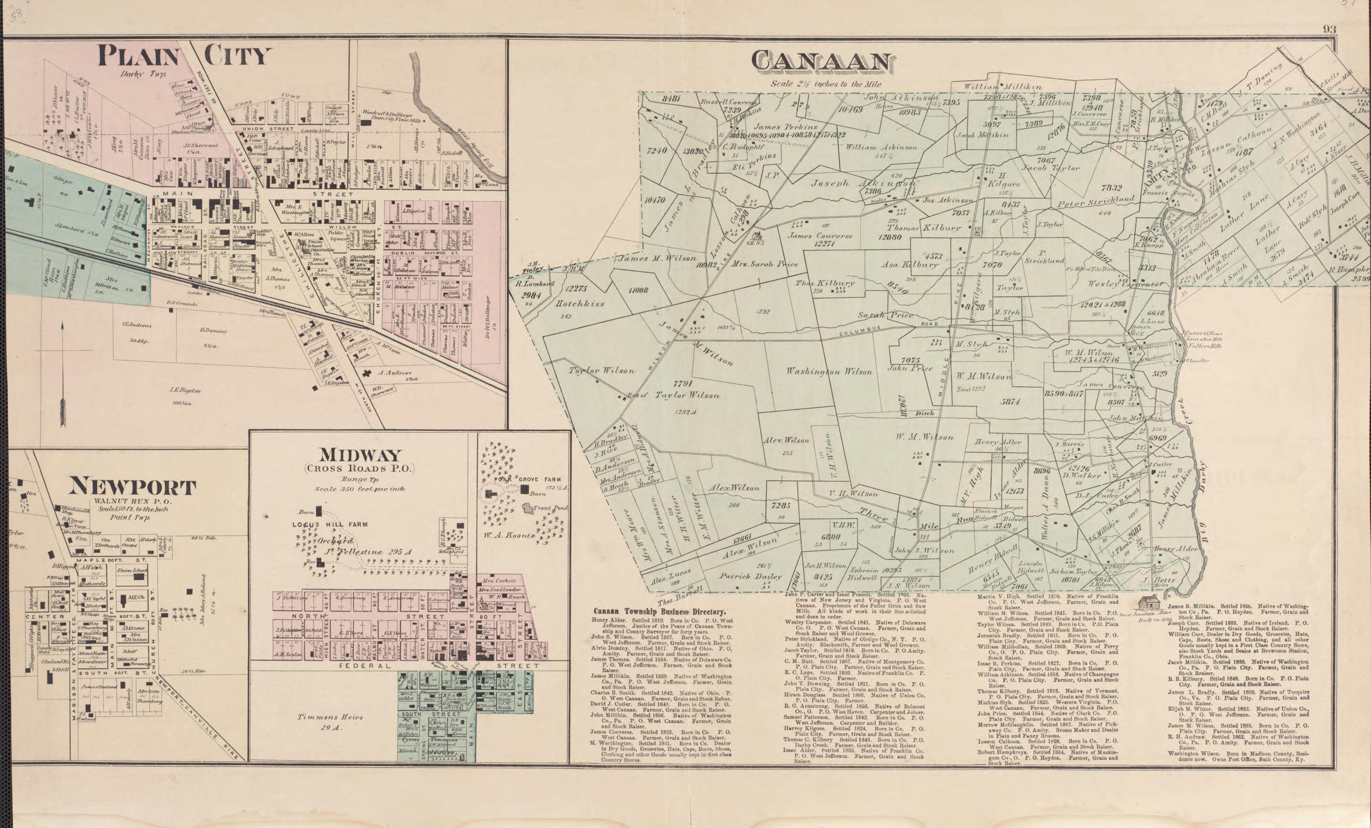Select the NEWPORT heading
click(133, 488)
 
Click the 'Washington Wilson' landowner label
click(829, 372)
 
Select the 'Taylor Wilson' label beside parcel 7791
click(687, 395)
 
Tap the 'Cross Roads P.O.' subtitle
click(359, 469)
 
